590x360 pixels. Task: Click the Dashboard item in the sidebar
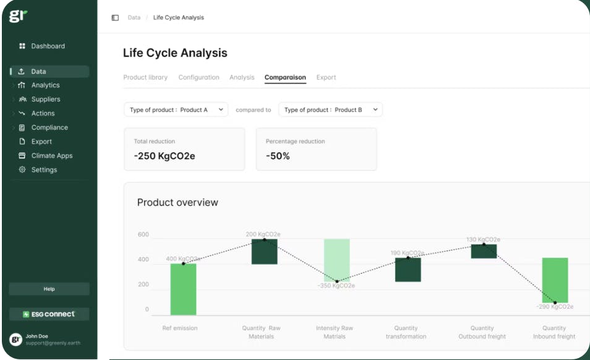click(48, 46)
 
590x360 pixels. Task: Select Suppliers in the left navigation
click(46, 99)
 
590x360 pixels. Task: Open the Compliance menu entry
click(49, 127)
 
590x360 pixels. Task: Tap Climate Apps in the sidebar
click(51, 156)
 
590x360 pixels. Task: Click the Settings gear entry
click(44, 169)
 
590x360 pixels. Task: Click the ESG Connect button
click(49, 314)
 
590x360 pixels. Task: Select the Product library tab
click(145, 77)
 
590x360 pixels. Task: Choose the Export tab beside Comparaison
click(326, 77)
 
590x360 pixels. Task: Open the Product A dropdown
click(176, 109)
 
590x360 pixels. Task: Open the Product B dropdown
click(330, 109)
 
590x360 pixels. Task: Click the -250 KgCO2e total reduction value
click(165, 156)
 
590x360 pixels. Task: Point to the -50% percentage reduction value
click(278, 156)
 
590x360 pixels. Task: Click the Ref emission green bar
click(183, 289)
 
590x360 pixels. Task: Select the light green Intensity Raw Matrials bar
click(337, 260)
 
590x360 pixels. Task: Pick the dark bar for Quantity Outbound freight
click(484, 251)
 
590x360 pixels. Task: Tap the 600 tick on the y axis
click(143, 234)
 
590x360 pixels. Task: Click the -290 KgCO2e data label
click(554, 307)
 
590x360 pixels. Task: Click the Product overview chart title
click(177, 202)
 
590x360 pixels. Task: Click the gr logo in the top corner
click(19, 17)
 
